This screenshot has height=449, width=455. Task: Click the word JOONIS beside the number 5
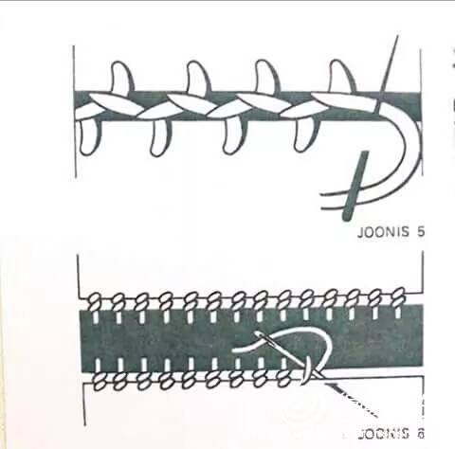(x=383, y=232)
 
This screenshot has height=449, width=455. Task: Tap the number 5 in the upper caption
(x=420, y=232)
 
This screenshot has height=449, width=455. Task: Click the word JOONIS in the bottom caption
(x=384, y=434)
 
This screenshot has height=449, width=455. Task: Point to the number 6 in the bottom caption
(x=420, y=434)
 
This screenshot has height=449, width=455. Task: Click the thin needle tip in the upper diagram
(x=397, y=35)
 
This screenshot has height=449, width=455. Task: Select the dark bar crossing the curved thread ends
(x=356, y=186)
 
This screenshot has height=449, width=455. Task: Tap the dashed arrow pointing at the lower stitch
(x=352, y=399)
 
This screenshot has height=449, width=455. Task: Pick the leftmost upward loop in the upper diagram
(x=122, y=77)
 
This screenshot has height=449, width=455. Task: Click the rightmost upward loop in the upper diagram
(x=342, y=76)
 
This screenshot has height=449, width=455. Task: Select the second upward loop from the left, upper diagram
(x=198, y=77)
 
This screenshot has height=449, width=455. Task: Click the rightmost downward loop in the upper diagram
(x=306, y=134)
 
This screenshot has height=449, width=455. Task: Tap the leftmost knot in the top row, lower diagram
(x=94, y=302)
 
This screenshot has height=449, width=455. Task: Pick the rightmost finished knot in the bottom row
(x=284, y=378)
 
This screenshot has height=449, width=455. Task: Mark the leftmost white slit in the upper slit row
(x=96, y=317)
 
